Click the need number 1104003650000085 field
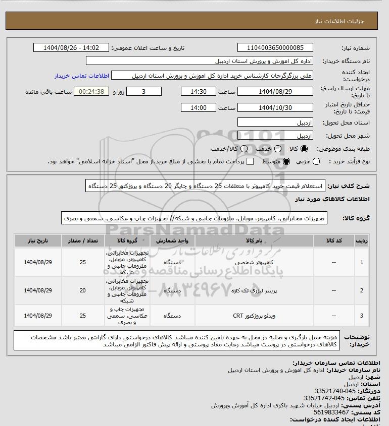point(275,48)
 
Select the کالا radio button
point(304,149)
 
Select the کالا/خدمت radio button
point(245,149)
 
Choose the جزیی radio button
point(316,161)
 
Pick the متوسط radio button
point(286,161)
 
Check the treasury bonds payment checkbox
point(250,161)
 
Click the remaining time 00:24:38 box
point(91,92)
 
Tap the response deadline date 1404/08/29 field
point(275,92)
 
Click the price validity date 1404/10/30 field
point(275,108)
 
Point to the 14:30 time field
point(199,92)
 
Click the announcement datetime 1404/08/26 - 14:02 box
point(70,48)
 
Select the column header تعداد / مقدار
point(82,241)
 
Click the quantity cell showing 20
point(82,290)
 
